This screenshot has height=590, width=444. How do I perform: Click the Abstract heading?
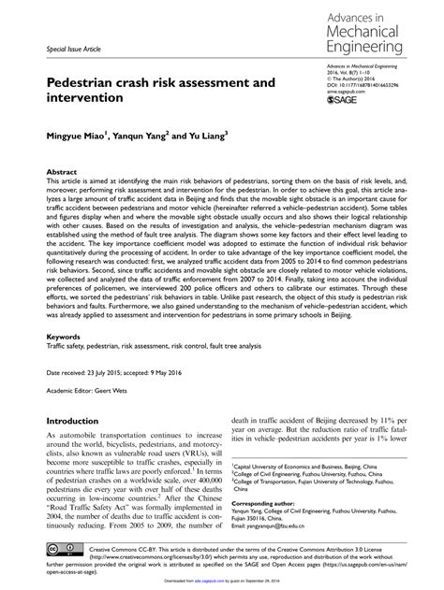(x=63, y=173)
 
